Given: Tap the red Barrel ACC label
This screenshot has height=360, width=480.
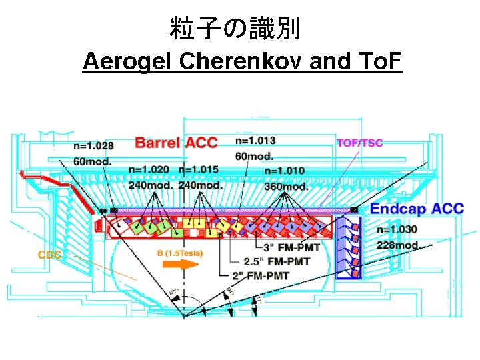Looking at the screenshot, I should [x=176, y=142].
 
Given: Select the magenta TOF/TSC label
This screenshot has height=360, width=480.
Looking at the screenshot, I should [x=360, y=143].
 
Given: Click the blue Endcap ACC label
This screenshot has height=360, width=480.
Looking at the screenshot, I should [x=416, y=209].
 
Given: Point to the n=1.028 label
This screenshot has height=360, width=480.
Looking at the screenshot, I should [x=93, y=146].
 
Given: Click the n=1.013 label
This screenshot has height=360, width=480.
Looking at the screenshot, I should [x=255, y=141].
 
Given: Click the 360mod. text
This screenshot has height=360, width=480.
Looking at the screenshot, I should [x=286, y=186].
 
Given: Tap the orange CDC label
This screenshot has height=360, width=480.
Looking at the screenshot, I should [x=49, y=255].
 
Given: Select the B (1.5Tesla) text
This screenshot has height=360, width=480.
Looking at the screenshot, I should [x=180, y=253].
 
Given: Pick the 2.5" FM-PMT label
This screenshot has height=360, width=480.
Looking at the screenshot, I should [x=277, y=261].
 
